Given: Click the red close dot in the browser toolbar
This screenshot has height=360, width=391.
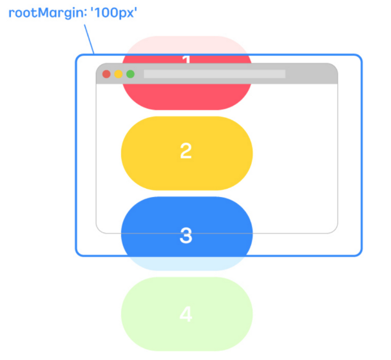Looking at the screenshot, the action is [x=106, y=74].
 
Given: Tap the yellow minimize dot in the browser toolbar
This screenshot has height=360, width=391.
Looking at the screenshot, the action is [x=118, y=74].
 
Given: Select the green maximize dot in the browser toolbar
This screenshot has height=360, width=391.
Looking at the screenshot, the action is [x=130, y=74].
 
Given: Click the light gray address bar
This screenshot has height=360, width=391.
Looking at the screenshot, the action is [x=214, y=74].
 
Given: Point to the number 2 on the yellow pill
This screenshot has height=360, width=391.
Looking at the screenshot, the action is [x=186, y=151].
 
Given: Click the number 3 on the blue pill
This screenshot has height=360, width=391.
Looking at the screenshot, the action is [x=186, y=235].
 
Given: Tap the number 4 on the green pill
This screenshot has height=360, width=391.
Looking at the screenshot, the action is [x=186, y=315].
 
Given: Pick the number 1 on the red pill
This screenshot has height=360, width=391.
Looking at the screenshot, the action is [x=187, y=61].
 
